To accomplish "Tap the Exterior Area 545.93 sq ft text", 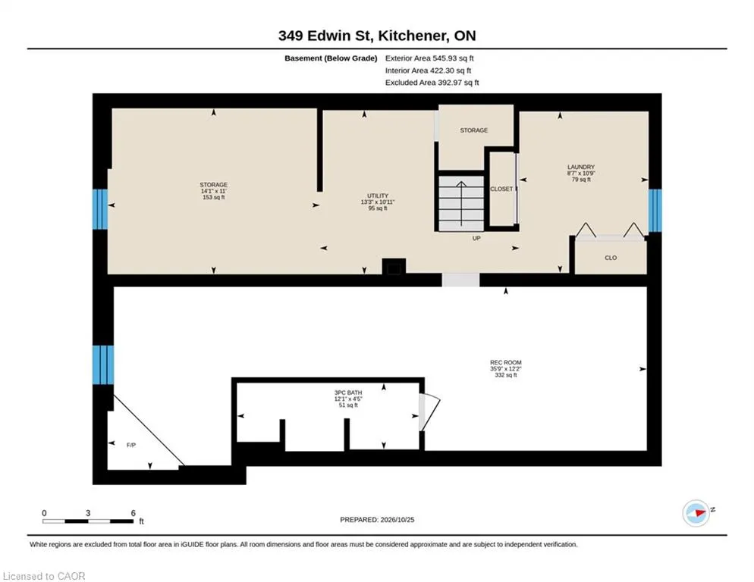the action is coord(429,58).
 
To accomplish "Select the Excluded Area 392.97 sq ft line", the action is coord(432,82).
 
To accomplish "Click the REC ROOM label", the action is coord(505,362).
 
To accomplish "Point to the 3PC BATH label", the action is coord(348,393).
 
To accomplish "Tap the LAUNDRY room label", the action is coord(581,167).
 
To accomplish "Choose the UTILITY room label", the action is coord(378,196).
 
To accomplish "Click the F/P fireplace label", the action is coord(130,445).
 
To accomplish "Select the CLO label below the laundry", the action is coord(611,258).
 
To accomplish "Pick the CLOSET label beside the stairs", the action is coord(501,189).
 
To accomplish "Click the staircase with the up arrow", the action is coord(461,203).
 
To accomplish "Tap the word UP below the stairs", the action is coord(476,238).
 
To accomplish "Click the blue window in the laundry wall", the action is coord(655,211).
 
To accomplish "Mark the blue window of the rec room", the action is coord(103,365).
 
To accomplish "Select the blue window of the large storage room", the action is coord(100,209).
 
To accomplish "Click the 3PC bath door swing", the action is coord(429,412).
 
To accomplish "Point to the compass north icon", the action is coord(696,513).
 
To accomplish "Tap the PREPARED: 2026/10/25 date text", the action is coord(377,520).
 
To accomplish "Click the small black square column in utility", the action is coord(394,268).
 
